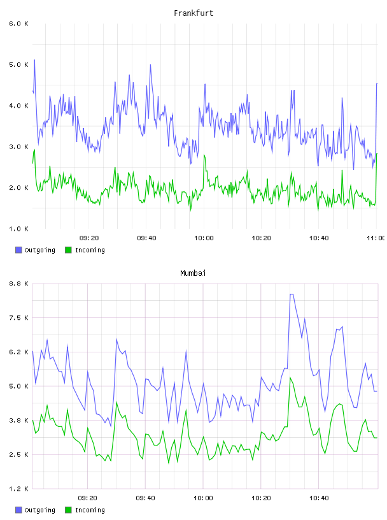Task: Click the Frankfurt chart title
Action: click(x=193, y=13)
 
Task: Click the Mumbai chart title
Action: click(x=193, y=273)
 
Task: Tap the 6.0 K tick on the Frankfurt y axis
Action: click(x=18, y=24)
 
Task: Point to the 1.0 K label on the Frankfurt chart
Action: click(x=18, y=229)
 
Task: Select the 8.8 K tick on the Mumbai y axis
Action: click(x=18, y=284)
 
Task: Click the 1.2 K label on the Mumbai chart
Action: click(x=18, y=489)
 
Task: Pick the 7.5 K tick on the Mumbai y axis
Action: click(x=18, y=318)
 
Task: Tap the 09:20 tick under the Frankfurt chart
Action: click(x=89, y=238)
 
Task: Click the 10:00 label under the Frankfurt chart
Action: click(x=204, y=238)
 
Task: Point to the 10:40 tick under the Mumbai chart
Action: click(x=319, y=498)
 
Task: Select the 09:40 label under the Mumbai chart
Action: click(x=146, y=498)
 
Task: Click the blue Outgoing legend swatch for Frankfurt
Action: click(x=18, y=250)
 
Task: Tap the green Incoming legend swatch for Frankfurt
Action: click(x=68, y=250)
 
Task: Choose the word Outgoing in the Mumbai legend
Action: click(x=39, y=510)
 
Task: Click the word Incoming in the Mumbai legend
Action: click(x=90, y=510)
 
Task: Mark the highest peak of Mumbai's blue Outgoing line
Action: click(x=292, y=294)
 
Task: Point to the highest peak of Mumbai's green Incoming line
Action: click(x=290, y=377)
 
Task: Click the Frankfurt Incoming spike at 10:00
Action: click(x=204, y=155)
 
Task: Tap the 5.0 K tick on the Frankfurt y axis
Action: click(x=18, y=64)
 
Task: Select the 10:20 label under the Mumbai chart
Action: click(x=261, y=498)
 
